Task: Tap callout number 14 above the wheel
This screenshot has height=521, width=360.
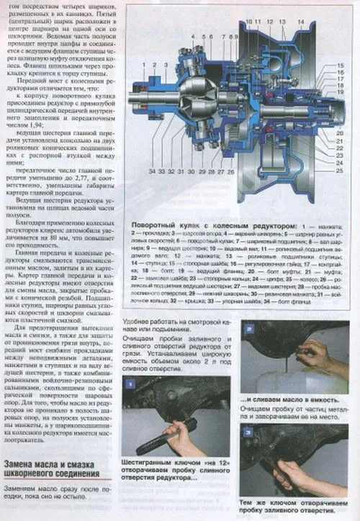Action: [300, 24]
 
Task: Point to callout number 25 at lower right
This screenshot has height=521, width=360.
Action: [338, 171]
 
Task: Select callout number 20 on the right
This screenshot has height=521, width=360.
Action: [339, 133]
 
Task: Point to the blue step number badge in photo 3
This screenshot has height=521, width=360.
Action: [248, 432]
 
